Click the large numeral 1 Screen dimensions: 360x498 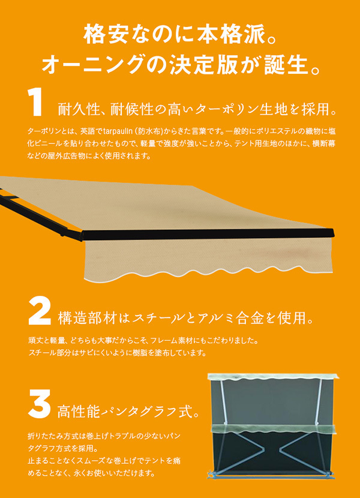coord(35,102)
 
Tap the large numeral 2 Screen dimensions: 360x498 coord(40,311)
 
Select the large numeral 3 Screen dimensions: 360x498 coord(40,404)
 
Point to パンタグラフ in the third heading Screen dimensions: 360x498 coord(135,412)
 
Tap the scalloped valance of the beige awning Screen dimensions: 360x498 coord(209,258)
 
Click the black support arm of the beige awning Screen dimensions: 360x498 coord(40,214)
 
